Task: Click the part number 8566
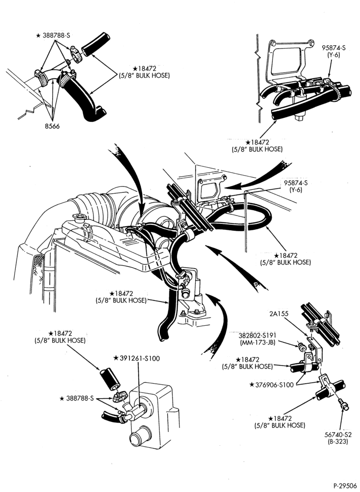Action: (x=52, y=126)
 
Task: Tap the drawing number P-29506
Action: (x=345, y=486)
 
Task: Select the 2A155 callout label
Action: (x=278, y=313)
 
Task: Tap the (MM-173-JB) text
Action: (x=257, y=342)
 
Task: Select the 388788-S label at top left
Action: (x=53, y=35)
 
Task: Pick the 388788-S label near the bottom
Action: (x=77, y=399)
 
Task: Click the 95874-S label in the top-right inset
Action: (x=333, y=48)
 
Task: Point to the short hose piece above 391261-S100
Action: (x=110, y=379)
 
